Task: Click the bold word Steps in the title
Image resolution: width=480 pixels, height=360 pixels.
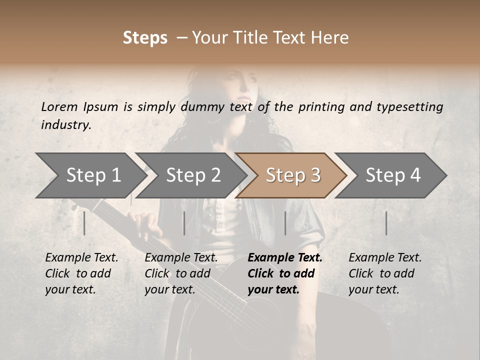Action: [x=145, y=38]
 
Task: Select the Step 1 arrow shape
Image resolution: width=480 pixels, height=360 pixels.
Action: [x=90, y=175]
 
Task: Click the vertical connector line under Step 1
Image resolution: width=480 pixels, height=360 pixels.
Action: [x=84, y=223]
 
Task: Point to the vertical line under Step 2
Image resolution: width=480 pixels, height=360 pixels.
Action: [x=184, y=223]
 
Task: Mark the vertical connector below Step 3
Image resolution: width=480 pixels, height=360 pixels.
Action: [x=285, y=223]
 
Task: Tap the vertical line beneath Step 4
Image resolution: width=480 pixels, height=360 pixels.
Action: [x=386, y=223]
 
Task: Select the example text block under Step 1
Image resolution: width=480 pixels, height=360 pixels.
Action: [x=81, y=273]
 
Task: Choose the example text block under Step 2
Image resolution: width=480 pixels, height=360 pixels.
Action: [x=181, y=273]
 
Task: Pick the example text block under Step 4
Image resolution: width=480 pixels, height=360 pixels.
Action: [x=385, y=273]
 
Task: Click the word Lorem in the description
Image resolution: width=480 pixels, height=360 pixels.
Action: [x=59, y=106]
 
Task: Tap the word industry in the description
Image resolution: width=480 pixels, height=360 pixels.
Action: [x=65, y=125]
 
